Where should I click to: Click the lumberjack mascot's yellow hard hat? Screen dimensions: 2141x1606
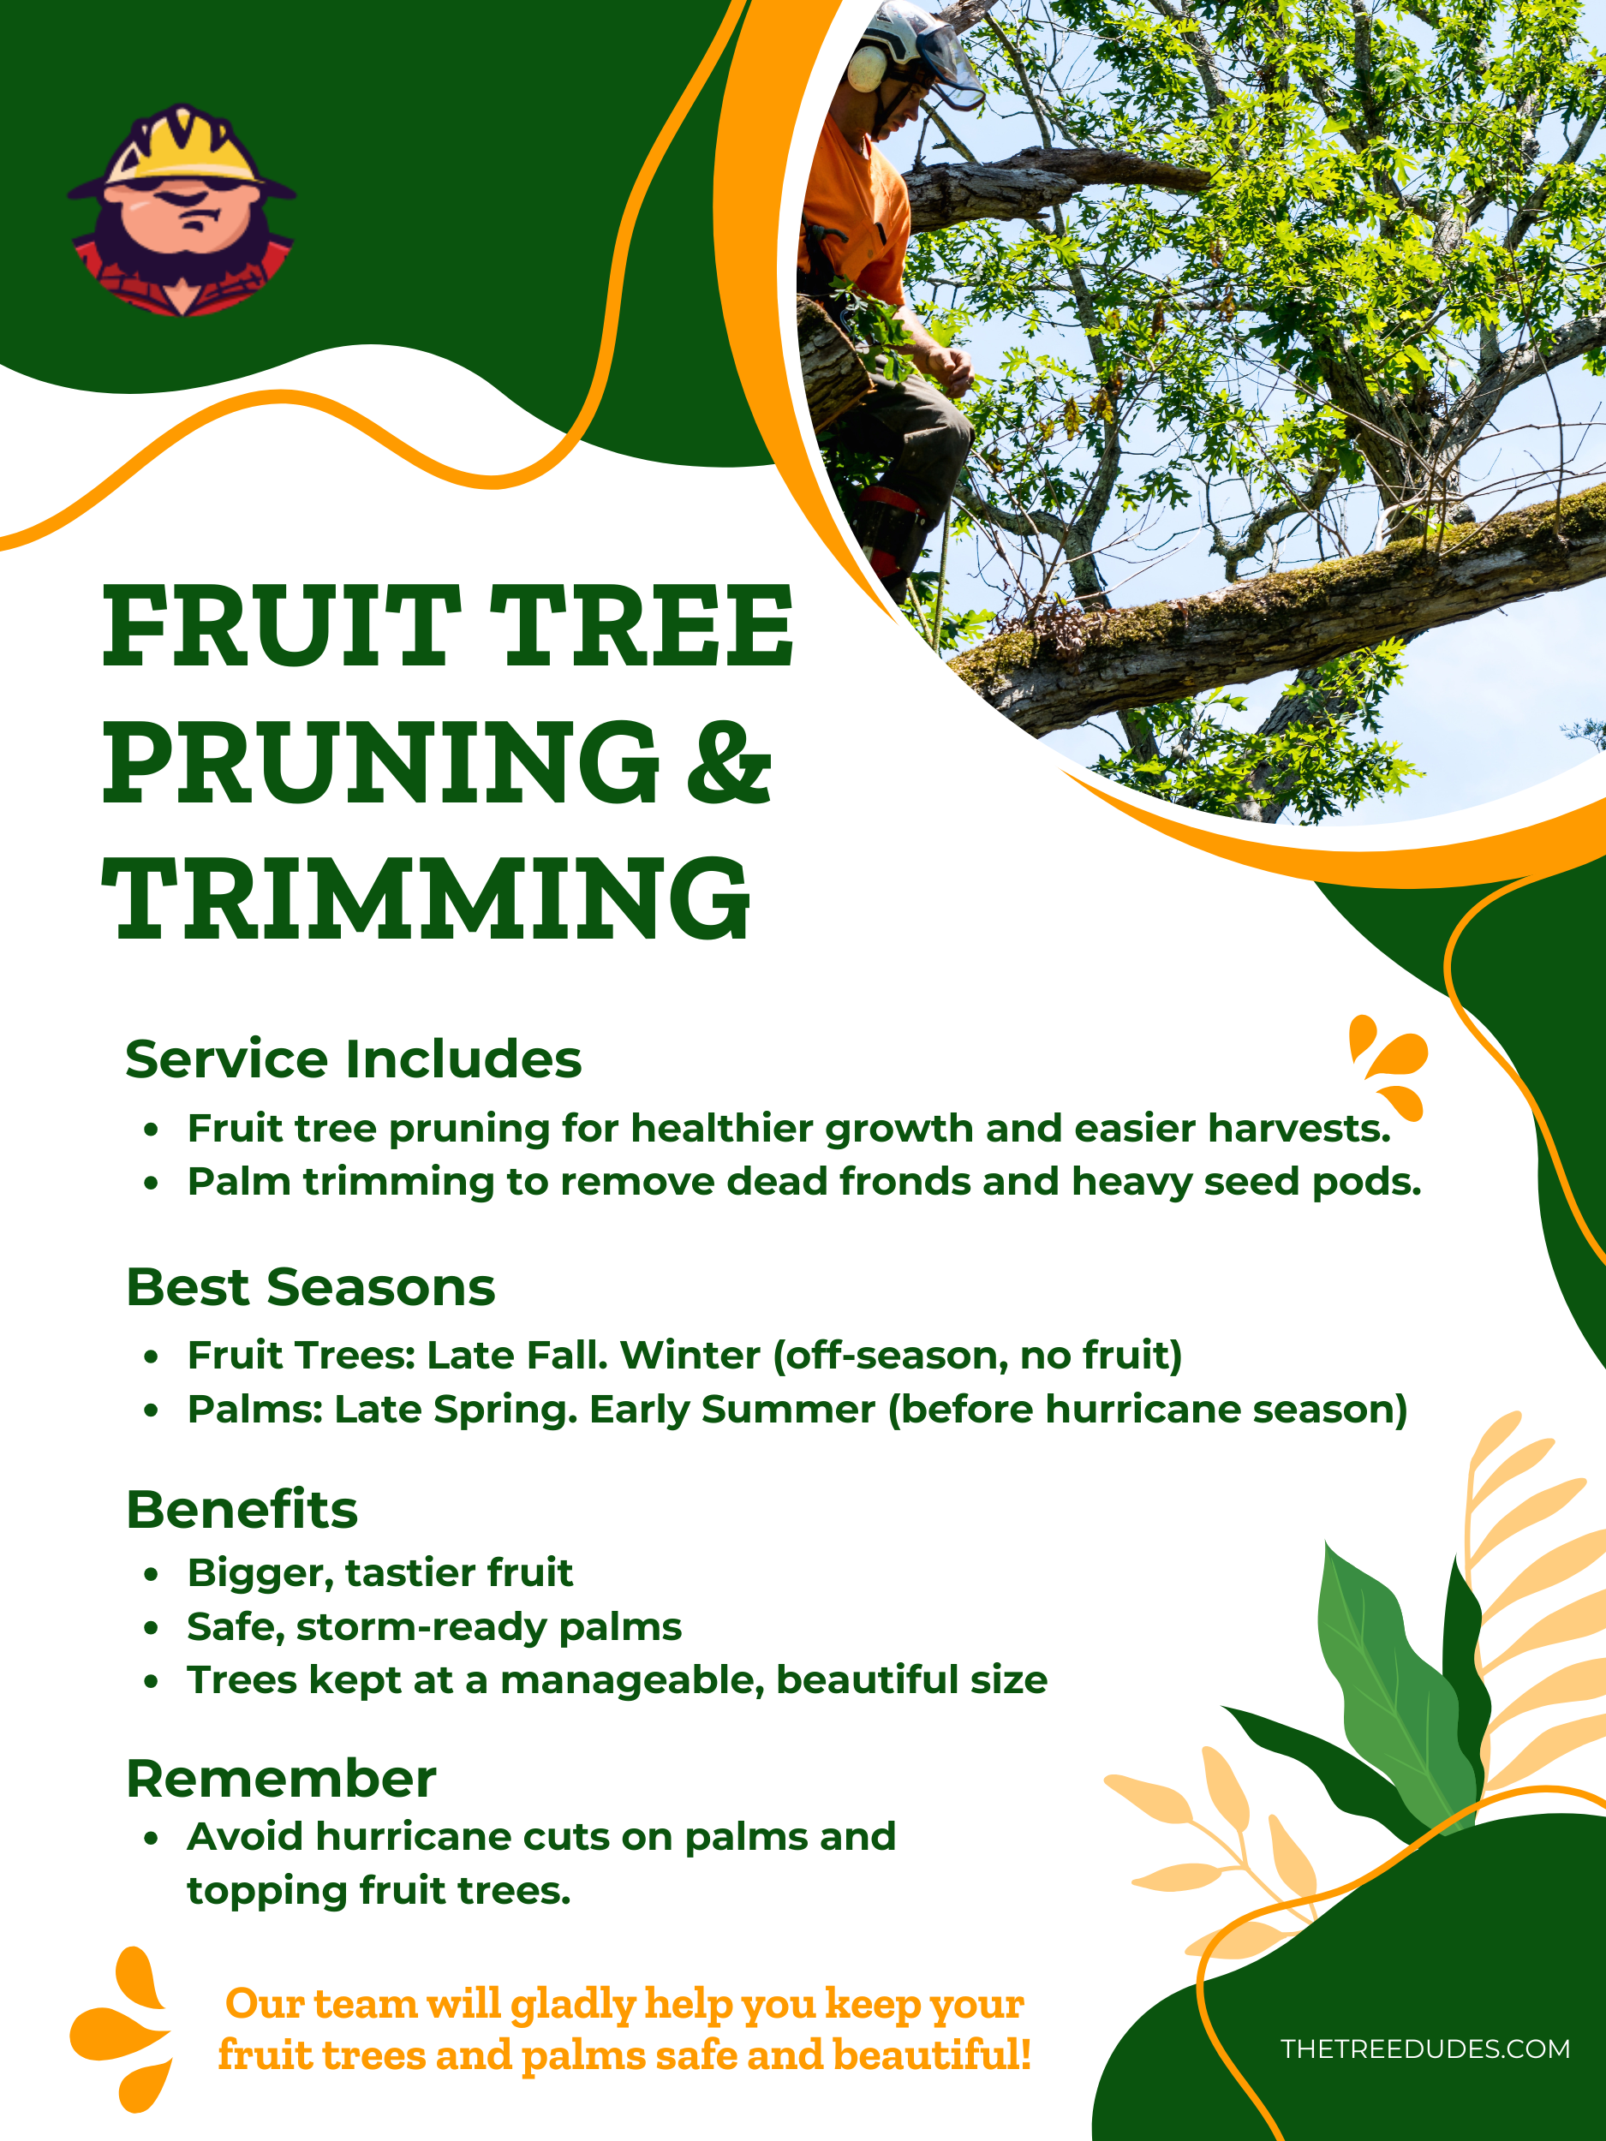[x=184, y=146]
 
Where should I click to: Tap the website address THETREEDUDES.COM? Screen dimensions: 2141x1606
[x=1425, y=2049]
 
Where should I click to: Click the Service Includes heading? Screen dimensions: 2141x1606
[x=354, y=1059]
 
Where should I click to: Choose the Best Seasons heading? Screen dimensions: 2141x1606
[x=311, y=1287]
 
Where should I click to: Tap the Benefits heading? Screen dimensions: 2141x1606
[x=242, y=1509]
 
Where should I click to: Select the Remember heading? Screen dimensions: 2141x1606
[x=281, y=1779]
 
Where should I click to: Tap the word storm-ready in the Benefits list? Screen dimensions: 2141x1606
[x=422, y=1627]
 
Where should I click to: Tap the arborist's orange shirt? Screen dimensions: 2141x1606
[x=852, y=213]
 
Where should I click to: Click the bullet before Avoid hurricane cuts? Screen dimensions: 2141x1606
[x=151, y=1838]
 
